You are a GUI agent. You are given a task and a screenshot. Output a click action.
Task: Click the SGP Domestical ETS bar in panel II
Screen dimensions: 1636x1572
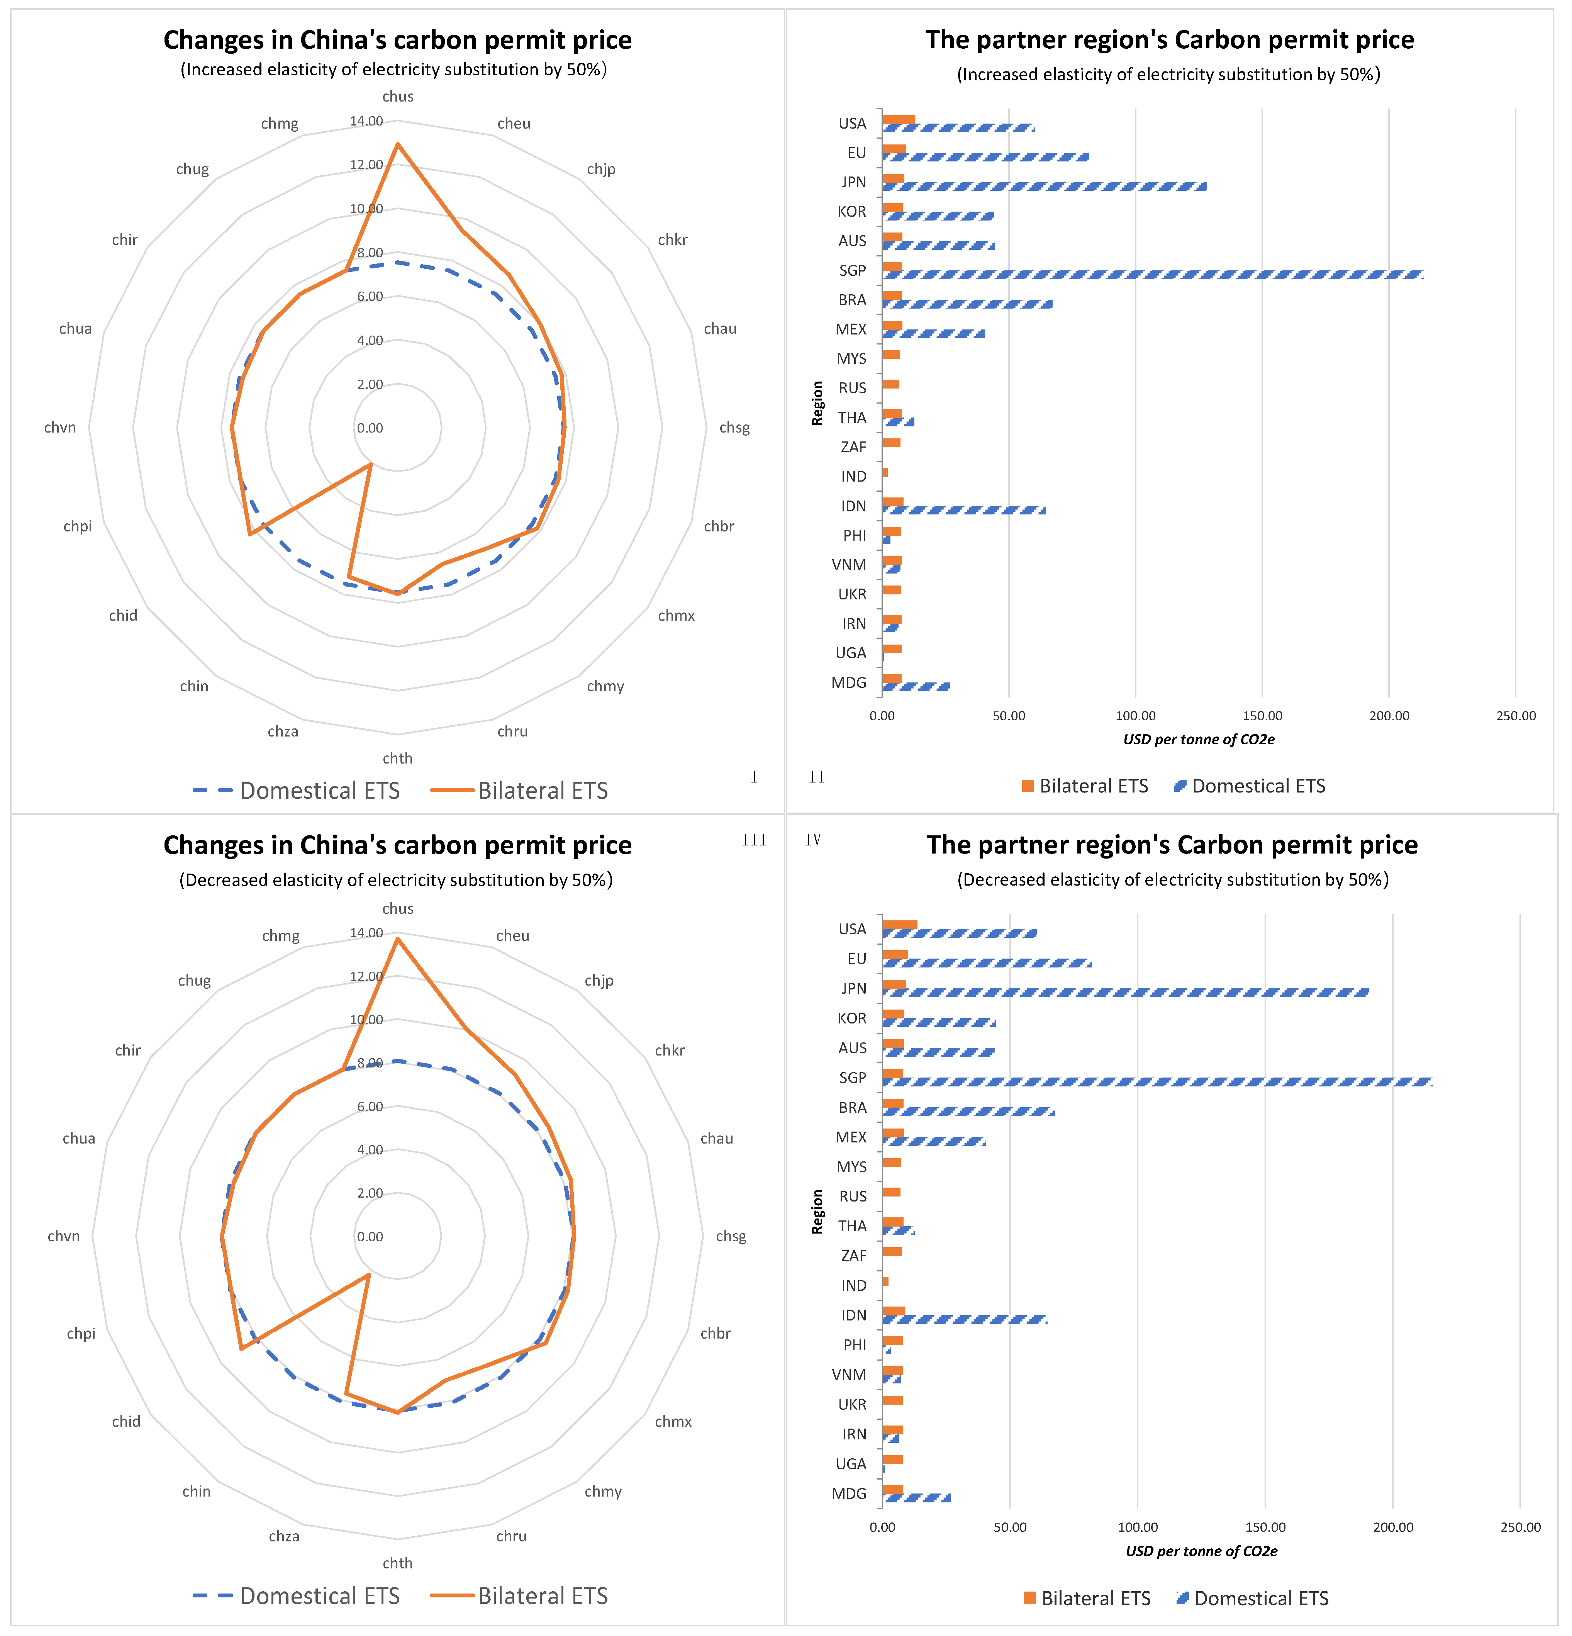pyautogui.click(x=1151, y=275)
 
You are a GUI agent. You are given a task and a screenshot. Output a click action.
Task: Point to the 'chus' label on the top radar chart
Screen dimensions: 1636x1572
pyautogui.click(x=398, y=97)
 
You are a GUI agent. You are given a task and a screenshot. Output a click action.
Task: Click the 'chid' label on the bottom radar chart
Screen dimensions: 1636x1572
pyautogui.click(x=126, y=1422)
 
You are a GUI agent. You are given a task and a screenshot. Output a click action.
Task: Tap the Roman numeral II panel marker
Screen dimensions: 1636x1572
pyautogui.click(x=817, y=777)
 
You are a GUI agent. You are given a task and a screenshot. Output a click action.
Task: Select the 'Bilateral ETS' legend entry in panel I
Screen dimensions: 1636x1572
pyautogui.click(x=543, y=791)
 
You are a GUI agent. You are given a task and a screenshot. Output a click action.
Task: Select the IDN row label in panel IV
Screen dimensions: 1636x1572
pyautogui.click(x=854, y=1315)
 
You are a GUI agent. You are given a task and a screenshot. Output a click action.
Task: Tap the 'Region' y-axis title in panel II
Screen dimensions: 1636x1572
pyautogui.click(x=818, y=403)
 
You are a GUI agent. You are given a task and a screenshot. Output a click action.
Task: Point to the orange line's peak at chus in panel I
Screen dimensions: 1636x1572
pyautogui.click(x=398, y=144)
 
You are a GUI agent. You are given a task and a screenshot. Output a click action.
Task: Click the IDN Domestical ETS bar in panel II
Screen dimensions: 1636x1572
pyautogui.click(x=964, y=510)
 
